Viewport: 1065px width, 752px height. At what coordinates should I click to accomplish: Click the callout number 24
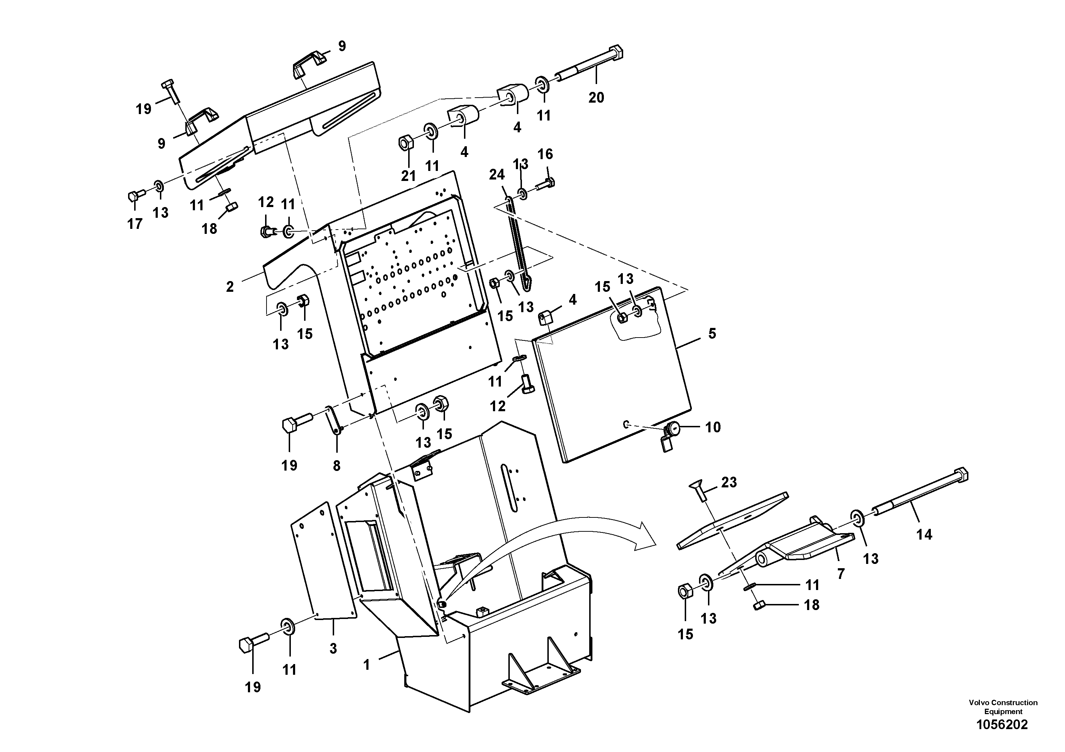tap(497, 175)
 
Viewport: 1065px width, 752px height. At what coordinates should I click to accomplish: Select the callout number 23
tap(729, 483)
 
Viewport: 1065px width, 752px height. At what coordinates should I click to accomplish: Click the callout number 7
tap(840, 574)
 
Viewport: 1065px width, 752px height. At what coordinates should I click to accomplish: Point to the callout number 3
tap(333, 649)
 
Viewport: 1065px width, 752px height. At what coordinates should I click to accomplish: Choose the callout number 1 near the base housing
tap(366, 665)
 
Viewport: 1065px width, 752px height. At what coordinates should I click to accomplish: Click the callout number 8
tap(337, 466)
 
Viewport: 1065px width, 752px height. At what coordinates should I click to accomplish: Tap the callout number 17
tap(135, 224)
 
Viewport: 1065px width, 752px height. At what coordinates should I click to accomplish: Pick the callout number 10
tap(713, 427)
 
